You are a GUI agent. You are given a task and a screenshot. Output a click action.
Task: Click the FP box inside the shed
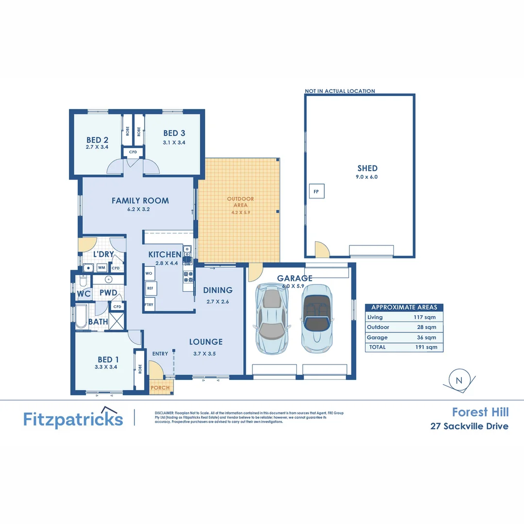tap(316, 192)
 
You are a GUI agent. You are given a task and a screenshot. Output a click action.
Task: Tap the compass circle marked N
tap(458, 380)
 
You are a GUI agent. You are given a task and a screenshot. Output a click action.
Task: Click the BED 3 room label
tap(174, 133)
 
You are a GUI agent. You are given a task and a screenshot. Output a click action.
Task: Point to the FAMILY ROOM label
tap(140, 200)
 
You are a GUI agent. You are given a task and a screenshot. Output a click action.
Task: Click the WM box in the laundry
tap(101, 267)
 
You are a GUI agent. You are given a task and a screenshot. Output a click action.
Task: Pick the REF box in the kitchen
tap(150, 288)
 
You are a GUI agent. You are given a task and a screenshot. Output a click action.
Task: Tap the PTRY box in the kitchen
tap(149, 305)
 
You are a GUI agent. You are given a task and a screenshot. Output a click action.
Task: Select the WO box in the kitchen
tap(149, 274)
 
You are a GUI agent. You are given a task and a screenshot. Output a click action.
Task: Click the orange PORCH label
tap(160, 388)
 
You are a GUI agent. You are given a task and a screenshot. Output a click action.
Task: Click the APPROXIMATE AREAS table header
tap(404, 307)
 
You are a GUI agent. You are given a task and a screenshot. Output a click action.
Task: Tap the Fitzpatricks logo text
tap(73, 419)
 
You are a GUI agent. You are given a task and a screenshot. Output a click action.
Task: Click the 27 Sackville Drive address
tap(469, 426)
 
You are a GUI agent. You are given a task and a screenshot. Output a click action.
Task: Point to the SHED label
tap(367, 168)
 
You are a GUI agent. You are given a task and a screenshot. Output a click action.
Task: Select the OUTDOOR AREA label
tap(241, 202)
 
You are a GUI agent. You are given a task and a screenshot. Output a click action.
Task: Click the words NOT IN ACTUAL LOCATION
tap(340, 91)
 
